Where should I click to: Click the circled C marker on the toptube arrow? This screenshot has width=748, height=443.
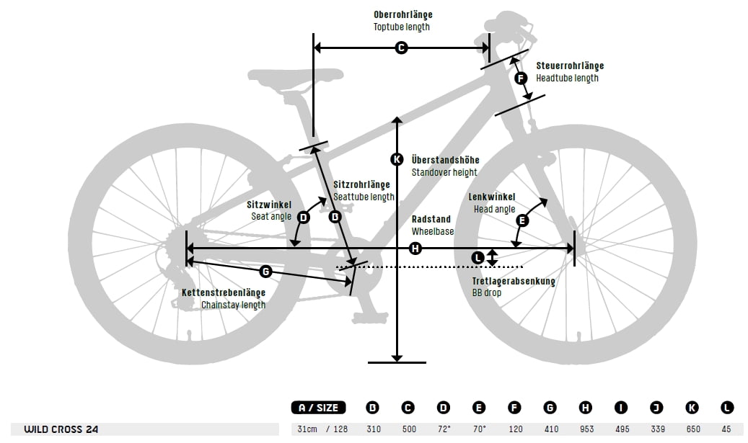[x=402, y=48]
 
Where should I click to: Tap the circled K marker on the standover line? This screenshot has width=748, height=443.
[x=396, y=159]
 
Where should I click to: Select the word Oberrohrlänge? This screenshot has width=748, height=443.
[x=402, y=14]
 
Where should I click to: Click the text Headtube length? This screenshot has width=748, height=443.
[x=567, y=78]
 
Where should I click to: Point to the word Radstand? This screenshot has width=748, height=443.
[x=431, y=219]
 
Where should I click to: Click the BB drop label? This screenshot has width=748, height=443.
[x=487, y=293]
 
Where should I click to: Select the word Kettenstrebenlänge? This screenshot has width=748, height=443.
[x=223, y=292]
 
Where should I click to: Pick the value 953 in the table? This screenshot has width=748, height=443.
[x=586, y=429]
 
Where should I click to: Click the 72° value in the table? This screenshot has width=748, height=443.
[x=444, y=429]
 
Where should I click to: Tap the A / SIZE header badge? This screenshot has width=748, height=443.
[x=319, y=408]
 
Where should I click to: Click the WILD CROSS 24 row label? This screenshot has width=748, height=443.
[x=61, y=429]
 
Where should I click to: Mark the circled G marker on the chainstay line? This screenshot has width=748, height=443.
[x=265, y=272]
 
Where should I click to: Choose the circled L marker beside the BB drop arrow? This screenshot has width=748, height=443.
[x=478, y=257]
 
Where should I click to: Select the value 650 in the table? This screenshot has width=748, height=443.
[x=692, y=429]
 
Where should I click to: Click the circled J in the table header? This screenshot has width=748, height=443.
[x=656, y=408]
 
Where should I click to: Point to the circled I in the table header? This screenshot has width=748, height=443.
[x=621, y=408]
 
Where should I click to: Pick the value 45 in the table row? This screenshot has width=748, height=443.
[x=726, y=429]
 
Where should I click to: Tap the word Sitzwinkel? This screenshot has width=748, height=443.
[x=269, y=205]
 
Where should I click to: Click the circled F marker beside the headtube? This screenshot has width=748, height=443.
[x=522, y=78]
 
